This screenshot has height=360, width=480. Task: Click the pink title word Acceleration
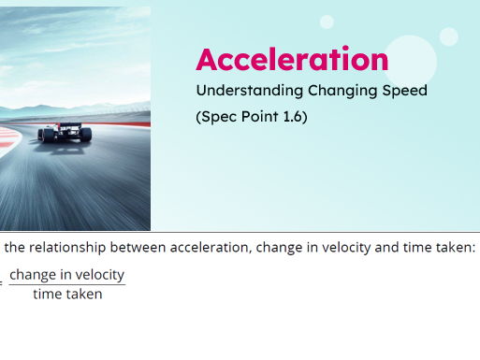click(291, 60)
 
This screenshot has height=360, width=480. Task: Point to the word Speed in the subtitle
click(402, 91)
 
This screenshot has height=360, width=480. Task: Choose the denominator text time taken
click(67, 294)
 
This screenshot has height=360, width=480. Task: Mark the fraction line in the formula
click(66, 284)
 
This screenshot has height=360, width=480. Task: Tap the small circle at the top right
click(449, 36)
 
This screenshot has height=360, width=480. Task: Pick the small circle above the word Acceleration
click(327, 22)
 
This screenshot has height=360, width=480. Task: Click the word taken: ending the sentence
click(455, 248)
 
